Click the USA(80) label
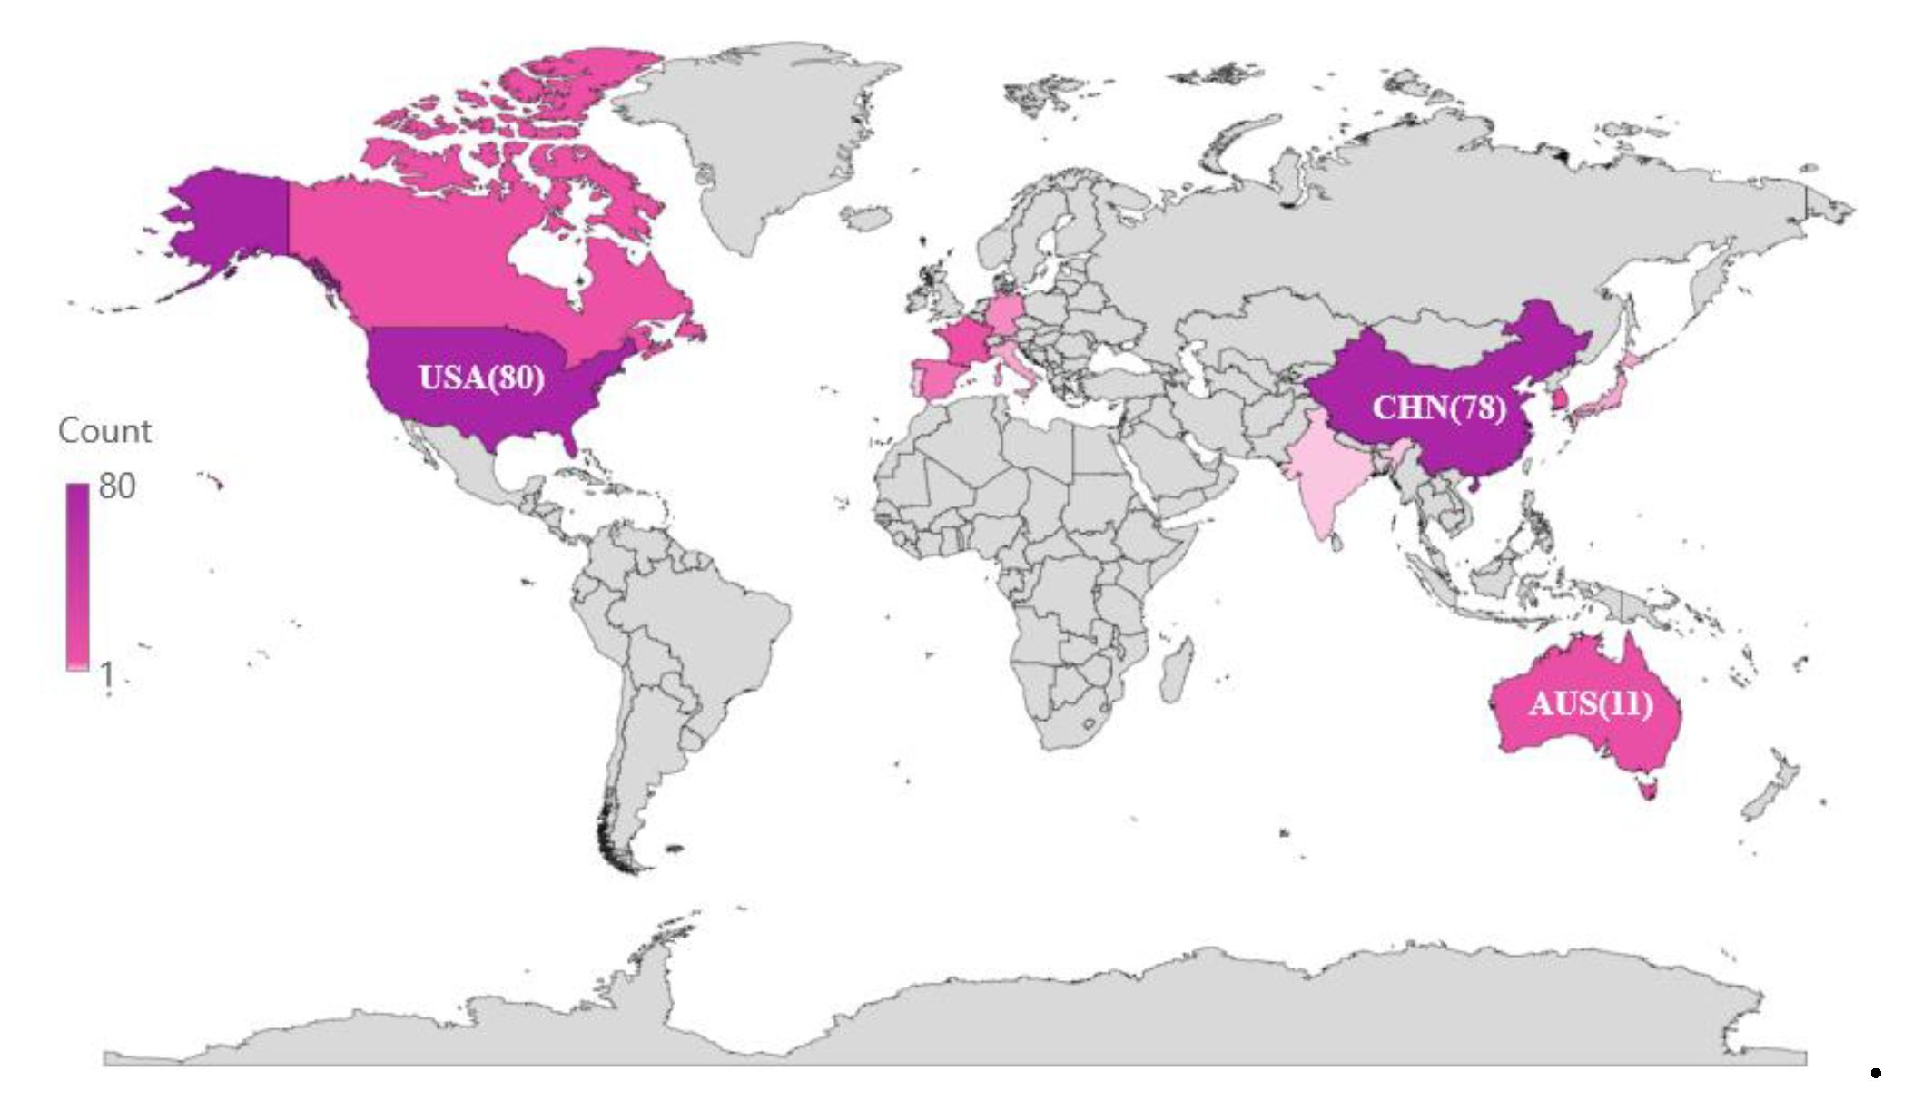point(481,378)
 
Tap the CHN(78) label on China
point(1439,408)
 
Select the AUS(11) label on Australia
point(1591,703)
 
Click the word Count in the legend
point(104,431)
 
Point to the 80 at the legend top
point(117,486)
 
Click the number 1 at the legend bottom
point(107,674)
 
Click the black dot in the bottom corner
point(1876,1074)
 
